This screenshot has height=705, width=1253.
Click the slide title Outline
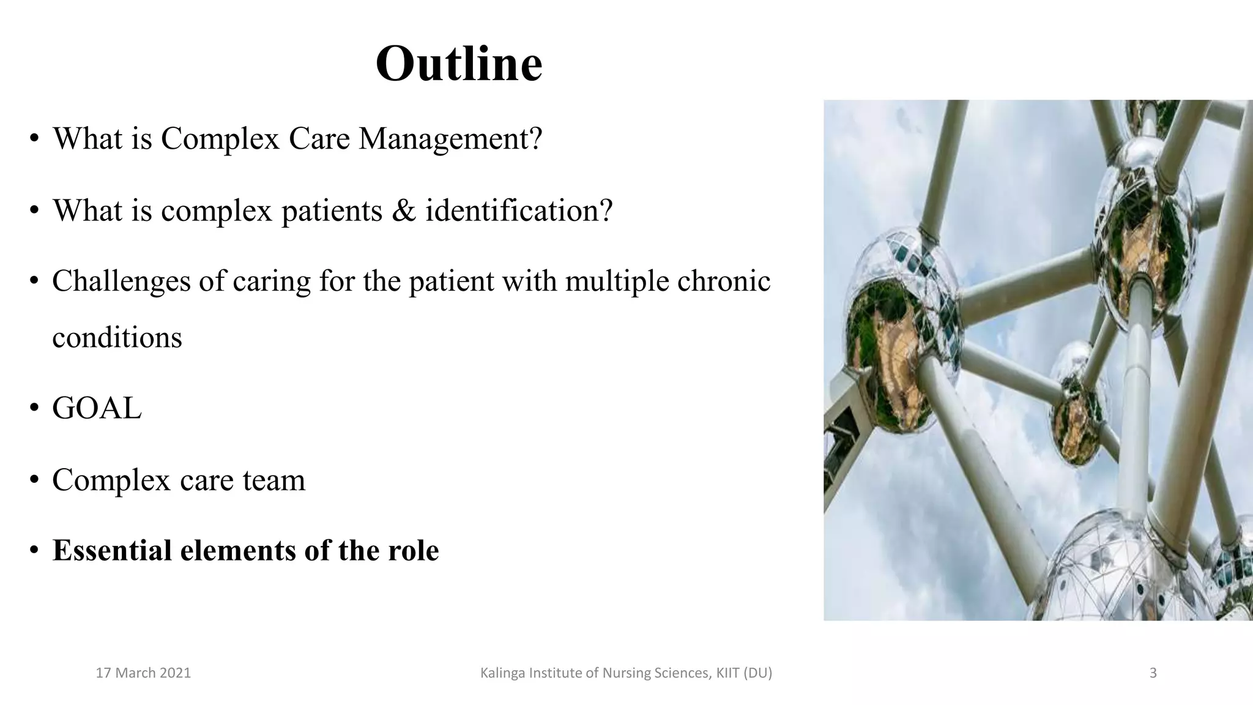pyautogui.click(x=459, y=64)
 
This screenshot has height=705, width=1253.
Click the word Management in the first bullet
pyautogui.click(x=450, y=139)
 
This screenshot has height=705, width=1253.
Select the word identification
pyautogui.click(x=519, y=211)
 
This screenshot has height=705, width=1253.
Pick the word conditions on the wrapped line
pyautogui.click(x=117, y=338)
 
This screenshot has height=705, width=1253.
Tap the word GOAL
pyautogui.click(x=97, y=408)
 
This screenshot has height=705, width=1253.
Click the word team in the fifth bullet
pyautogui.click(x=273, y=480)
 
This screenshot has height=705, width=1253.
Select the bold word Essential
pyautogui.click(x=112, y=550)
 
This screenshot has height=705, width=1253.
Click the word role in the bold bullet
pyautogui.click(x=413, y=550)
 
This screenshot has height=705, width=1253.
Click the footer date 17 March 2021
pyautogui.click(x=144, y=673)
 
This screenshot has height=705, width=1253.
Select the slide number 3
pyautogui.click(x=1153, y=673)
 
